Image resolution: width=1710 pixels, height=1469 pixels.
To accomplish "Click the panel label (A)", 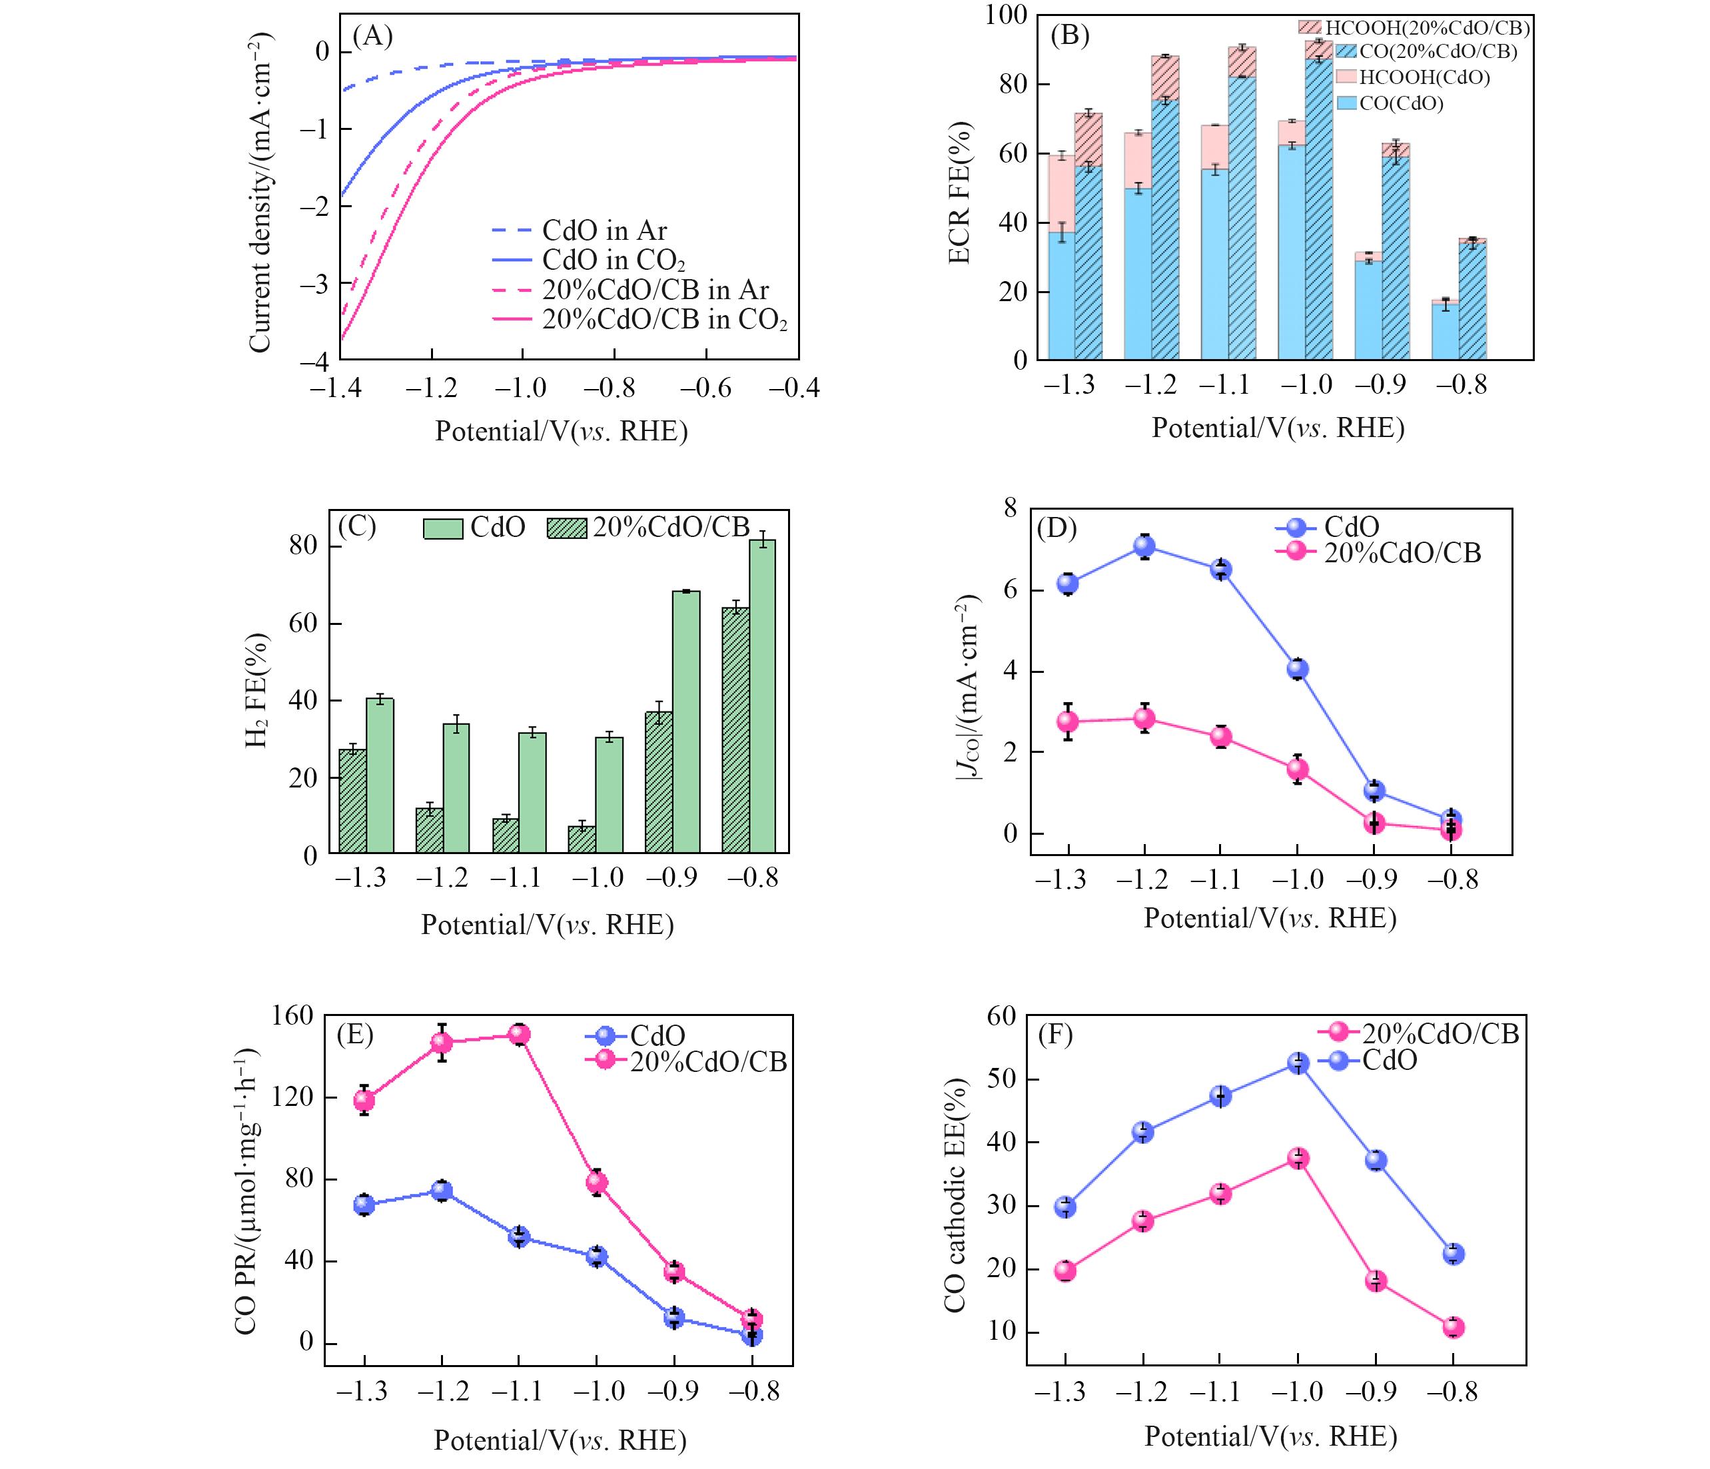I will tap(372, 37).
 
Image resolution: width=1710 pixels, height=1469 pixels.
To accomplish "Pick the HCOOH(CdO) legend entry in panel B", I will tap(1424, 77).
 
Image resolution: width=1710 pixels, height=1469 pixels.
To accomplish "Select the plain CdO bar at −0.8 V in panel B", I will tap(1445, 331).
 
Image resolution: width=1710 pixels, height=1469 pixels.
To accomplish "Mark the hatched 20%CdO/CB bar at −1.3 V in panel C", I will tap(352, 801).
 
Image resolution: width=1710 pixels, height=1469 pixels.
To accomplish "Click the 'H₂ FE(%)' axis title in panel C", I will tap(258, 692).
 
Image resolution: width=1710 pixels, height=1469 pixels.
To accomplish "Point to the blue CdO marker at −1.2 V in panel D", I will tap(1144, 546).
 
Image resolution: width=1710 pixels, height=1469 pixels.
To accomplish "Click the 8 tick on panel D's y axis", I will tap(1010, 508).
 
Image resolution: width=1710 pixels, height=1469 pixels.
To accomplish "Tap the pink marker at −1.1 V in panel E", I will tap(519, 1035).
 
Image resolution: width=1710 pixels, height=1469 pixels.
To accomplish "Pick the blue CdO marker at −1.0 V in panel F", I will tap(1298, 1063).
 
